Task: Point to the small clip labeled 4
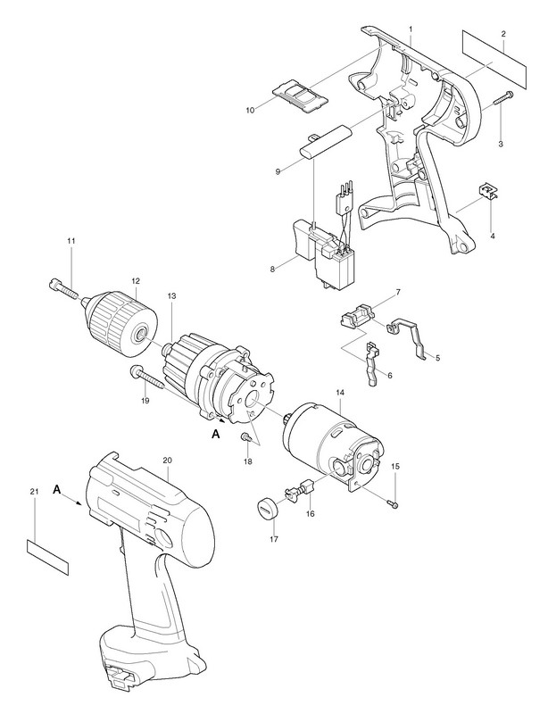click(x=487, y=192)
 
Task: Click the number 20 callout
click(x=167, y=460)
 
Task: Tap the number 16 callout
click(x=310, y=513)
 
